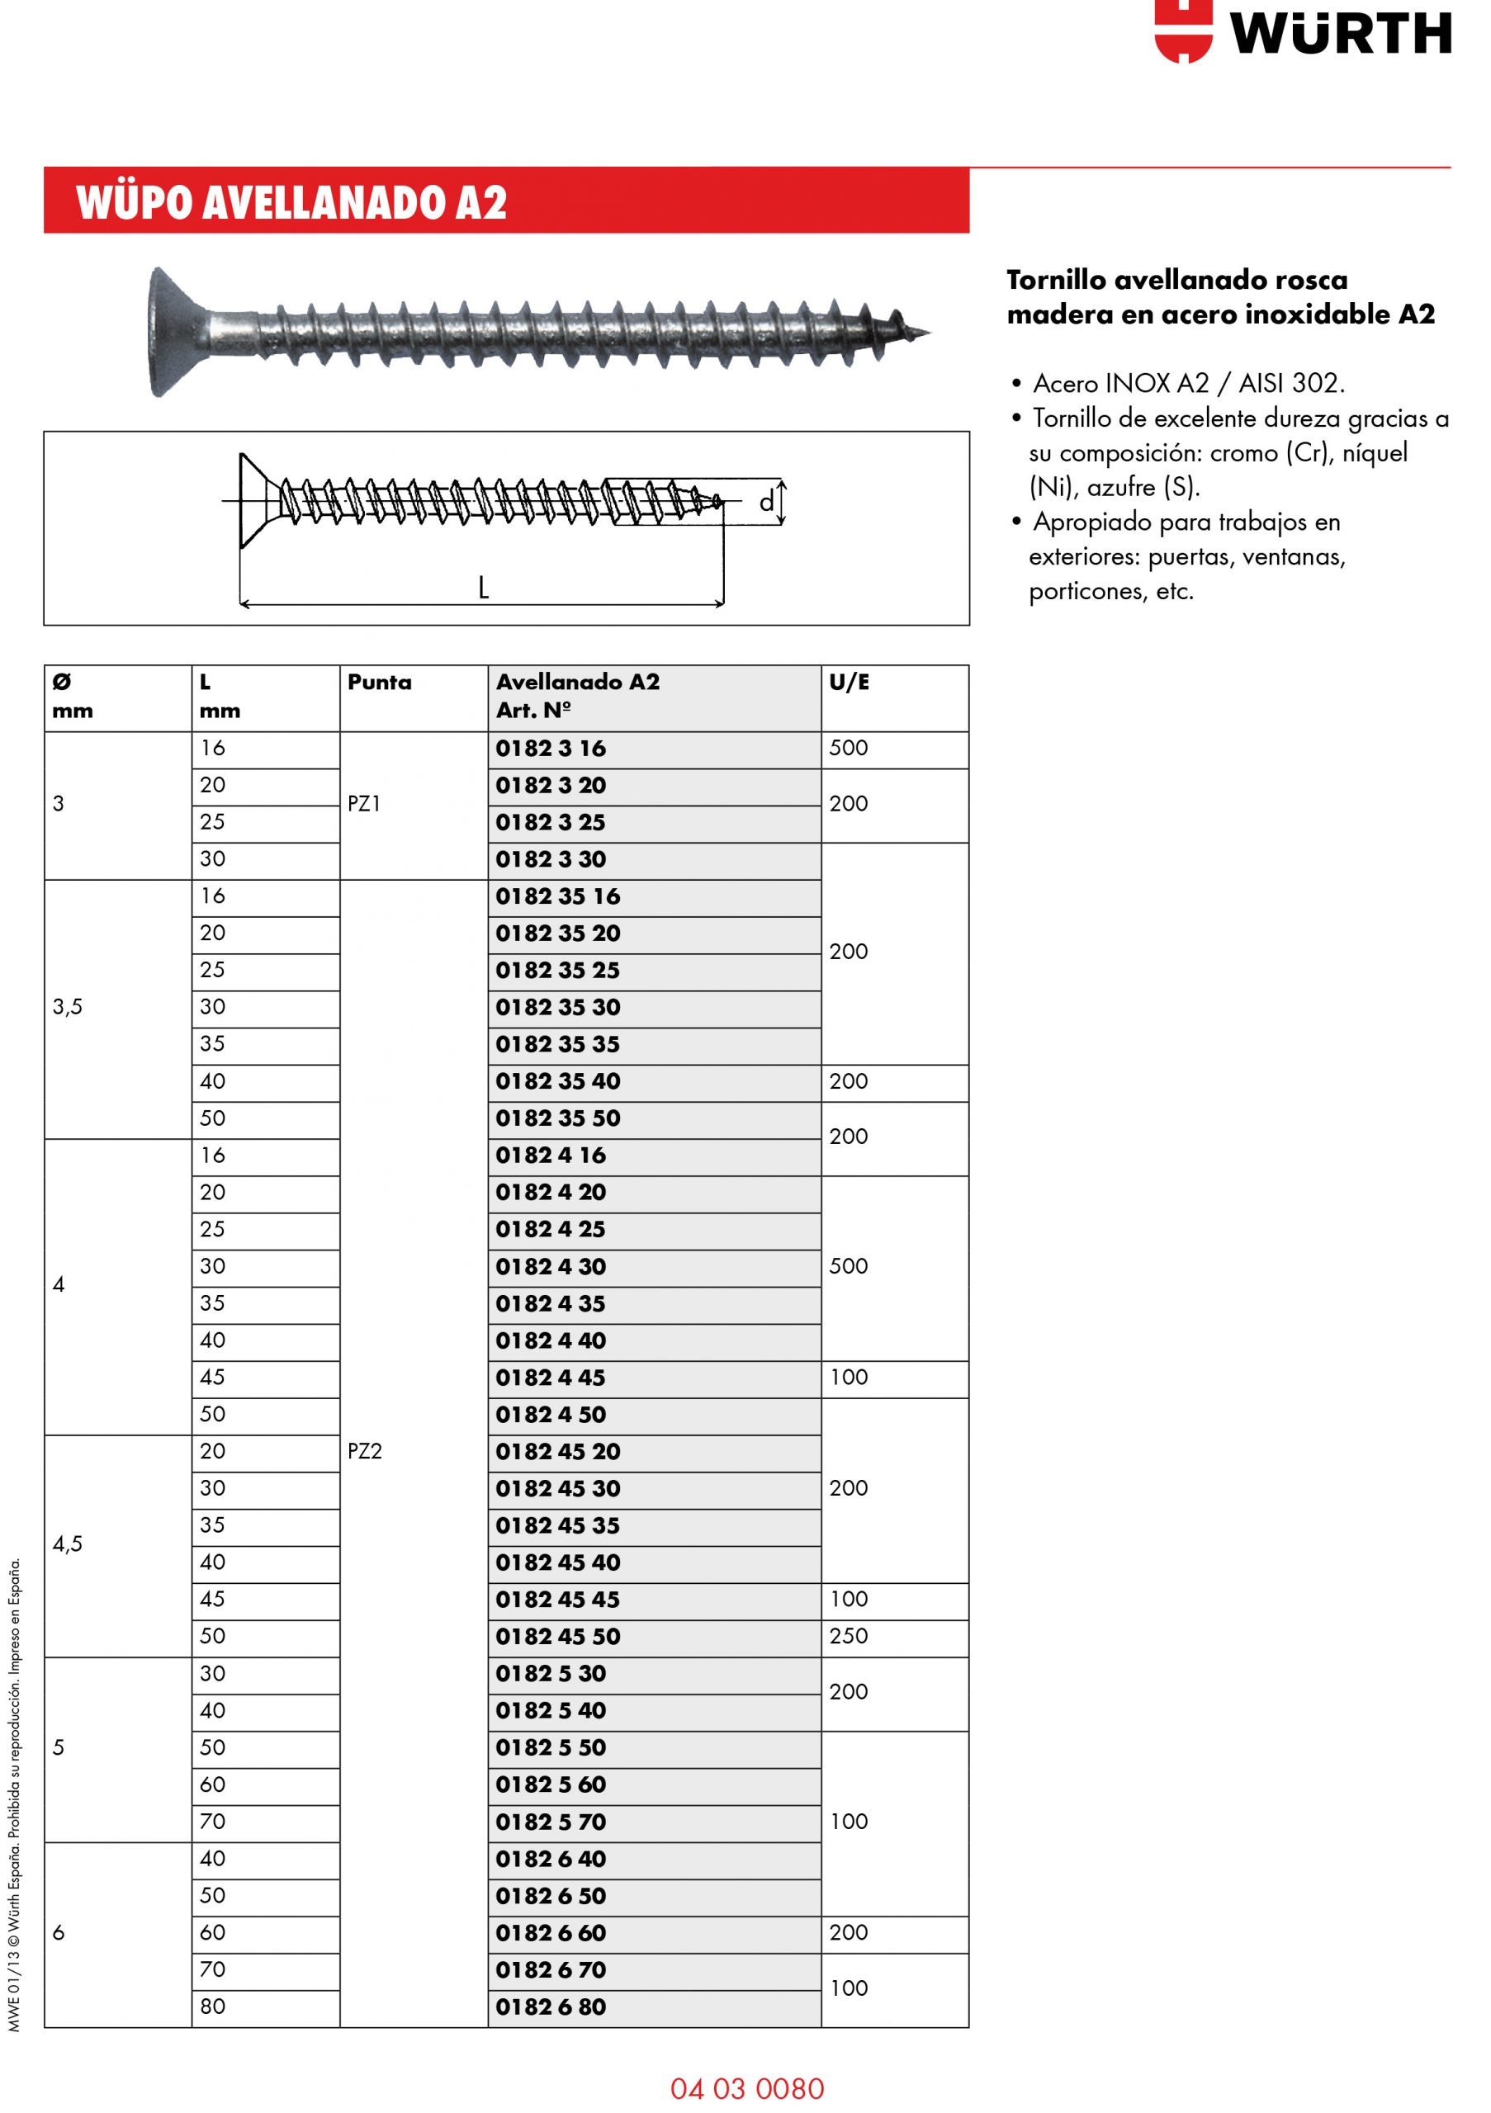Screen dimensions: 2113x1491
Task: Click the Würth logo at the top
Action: pyautogui.click(x=1301, y=33)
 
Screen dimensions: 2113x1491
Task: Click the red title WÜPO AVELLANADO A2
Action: pyautogui.click(x=291, y=201)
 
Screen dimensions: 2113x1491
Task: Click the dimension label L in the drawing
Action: pyautogui.click(x=483, y=587)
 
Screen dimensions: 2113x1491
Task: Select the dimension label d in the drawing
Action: pyautogui.click(x=766, y=503)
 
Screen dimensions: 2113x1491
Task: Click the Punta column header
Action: pyautogui.click(x=379, y=682)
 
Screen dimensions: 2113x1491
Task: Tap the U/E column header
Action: pyautogui.click(x=849, y=682)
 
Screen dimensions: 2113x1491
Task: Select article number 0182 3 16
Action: pyautogui.click(x=551, y=748)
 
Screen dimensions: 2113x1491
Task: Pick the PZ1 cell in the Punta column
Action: pyautogui.click(x=364, y=803)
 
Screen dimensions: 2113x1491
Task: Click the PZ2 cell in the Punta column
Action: pyautogui.click(x=364, y=1450)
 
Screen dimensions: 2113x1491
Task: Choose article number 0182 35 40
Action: pyautogui.click(x=558, y=1081)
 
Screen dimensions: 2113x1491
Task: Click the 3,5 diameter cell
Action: pyautogui.click(x=67, y=1007)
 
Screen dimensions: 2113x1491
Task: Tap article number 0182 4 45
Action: pyautogui.click(x=551, y=1378)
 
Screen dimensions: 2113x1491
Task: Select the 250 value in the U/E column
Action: pyautogui.click(x=849, y=1635)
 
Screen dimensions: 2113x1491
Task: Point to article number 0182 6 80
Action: pyautogui.click(x=551, y=2007)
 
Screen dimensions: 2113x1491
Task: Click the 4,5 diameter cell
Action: pyautogui.click(x=67, y=1543)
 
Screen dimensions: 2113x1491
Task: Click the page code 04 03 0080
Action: pyautogui.click(x=746, y=2088)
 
